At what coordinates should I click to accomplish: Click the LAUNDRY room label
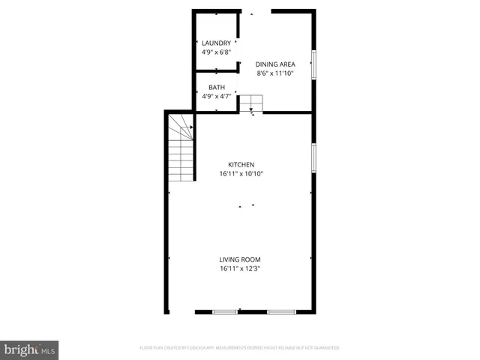coord(216,43)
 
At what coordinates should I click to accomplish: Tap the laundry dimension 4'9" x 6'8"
coord(216,52)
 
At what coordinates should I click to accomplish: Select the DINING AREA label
coord(274,64)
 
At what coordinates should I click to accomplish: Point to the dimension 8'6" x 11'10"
coord(274,73)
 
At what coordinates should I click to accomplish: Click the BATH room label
coord(216,87)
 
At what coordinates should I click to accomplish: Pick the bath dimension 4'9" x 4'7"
coord(216,96)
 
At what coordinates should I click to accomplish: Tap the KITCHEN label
coord(241,164)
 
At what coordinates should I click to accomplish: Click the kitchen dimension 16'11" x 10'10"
coord(241,173)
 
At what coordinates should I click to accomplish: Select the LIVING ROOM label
coord(240,259)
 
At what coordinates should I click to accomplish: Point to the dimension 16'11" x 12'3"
coord(240,268)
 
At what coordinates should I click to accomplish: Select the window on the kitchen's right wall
coord(313,157)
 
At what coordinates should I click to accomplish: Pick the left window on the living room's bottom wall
coord(224,311)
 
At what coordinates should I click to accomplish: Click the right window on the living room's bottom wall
coord(281,311)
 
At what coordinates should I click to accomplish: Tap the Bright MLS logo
coord(29,349)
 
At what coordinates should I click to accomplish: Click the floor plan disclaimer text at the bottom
coord(240,348)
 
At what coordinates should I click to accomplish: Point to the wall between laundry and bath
coord(216,71)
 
